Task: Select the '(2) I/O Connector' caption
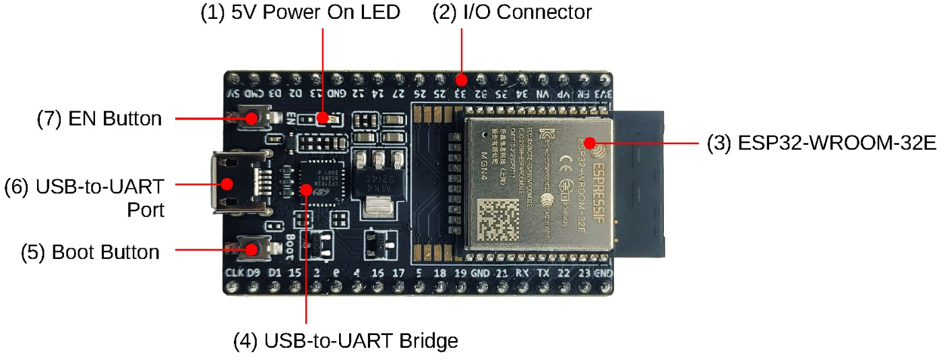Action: pyautogui.click(x=512, y=12)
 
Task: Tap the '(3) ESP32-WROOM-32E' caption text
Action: pyautogui.click(x=823, y=144)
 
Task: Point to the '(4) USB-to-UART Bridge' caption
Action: pyautogui.click(x=345, y=340)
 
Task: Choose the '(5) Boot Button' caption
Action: pyautogui.click(x=105, y=252)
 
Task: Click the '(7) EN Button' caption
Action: pyautogui.click(x=99, y=119)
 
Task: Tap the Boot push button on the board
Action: pyautogui.click(x=253, y=249)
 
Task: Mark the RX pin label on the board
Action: pyautogui.click(x=522, y=274)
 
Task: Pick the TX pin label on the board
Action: pyautogui.click(x=543, y=274)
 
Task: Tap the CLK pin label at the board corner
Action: pyautogui.click(x=234, y=274)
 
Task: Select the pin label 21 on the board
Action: pyautogui.click(x=501, y=274)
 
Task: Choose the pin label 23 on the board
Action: pyautogui.click(x=584, y=274)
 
